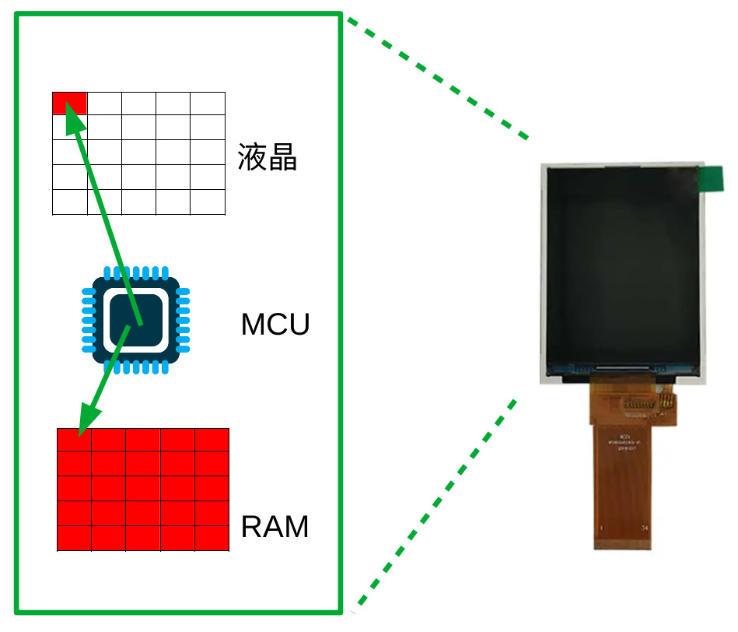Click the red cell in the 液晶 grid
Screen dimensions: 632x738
click(x=69, y=103)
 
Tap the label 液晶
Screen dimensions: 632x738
click(x=268, y=157)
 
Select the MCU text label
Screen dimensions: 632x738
click(x=275, y=325)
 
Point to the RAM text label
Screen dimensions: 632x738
click(x=275, y=527)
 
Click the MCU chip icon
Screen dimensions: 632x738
click(x=136, y=321)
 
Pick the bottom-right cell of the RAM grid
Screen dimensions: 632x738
click(x=212, y=539)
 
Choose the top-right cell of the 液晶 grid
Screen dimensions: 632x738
click(x=208, y=103)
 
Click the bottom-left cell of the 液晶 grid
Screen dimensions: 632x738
click(x=69, y=202)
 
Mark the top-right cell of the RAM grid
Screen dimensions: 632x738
click(x=212, y=440)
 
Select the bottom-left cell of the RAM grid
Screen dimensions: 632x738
click(x=74, y=539)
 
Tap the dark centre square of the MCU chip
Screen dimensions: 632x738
click(x=136, y=321)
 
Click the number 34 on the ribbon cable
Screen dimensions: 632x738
click(x=645, y=528)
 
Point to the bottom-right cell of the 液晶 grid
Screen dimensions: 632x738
click(x=208, y=202)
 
